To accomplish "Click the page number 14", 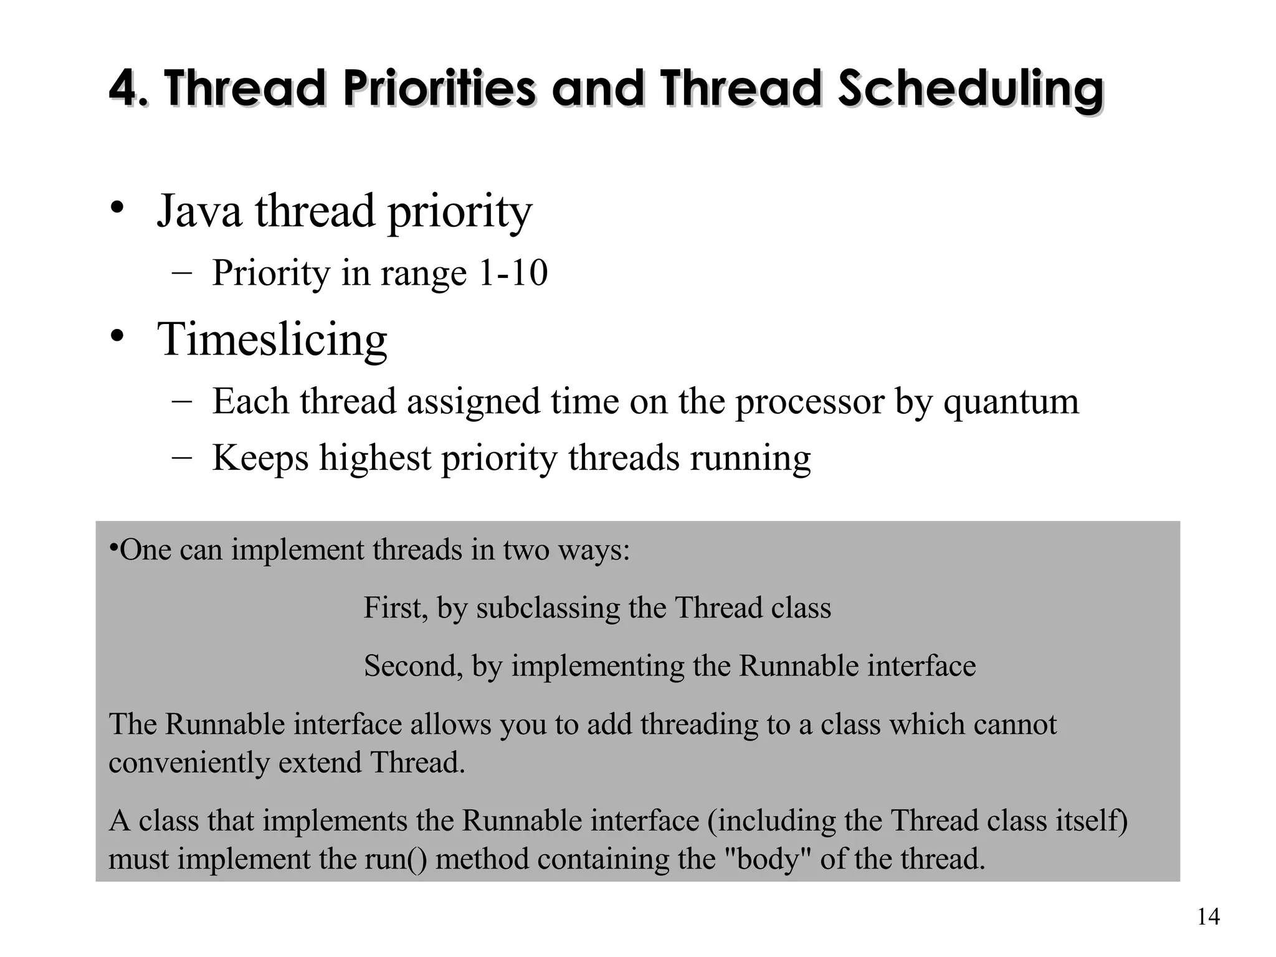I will [1208, 917].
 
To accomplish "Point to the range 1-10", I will [512, 273].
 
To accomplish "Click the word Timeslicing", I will [272, 340].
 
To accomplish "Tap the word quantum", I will [1011, 401].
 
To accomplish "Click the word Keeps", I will [260, 459].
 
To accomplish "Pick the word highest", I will [375, 459].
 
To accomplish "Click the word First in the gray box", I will [395, 608].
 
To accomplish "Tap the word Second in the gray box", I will [413, 666].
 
